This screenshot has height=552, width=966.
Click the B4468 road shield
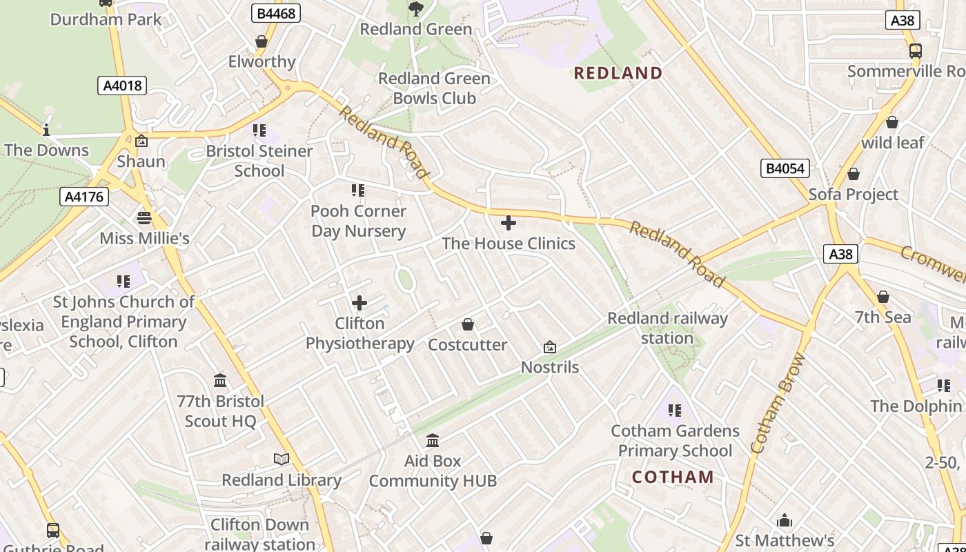click(275, 13)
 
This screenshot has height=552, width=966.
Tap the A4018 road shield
click(121, 86)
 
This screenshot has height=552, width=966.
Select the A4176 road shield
click(83, 197)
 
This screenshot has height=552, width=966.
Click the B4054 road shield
click(785, 168)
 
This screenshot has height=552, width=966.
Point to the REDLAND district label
click(618, 73)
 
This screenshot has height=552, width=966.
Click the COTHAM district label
click(673, 477)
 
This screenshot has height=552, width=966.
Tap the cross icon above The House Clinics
click(509, 223)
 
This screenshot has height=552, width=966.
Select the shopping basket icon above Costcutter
click(468, 324)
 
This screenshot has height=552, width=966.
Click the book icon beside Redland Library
click(282, 460)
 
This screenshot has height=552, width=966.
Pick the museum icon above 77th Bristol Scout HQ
click(220, 381)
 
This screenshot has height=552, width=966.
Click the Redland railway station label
click(667, 328)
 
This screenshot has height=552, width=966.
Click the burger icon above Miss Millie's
click(144, 218)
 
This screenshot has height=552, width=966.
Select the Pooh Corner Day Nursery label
click(358, 221)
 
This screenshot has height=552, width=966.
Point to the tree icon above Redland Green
click(415, 8)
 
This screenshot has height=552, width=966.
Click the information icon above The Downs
click(46, 130)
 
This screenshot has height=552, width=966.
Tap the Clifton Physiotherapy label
click(359, 333)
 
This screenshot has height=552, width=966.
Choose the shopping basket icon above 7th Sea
click(883, 297)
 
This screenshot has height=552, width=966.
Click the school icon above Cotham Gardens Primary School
click(675, 411)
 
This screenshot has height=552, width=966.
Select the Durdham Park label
click(106, 19)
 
